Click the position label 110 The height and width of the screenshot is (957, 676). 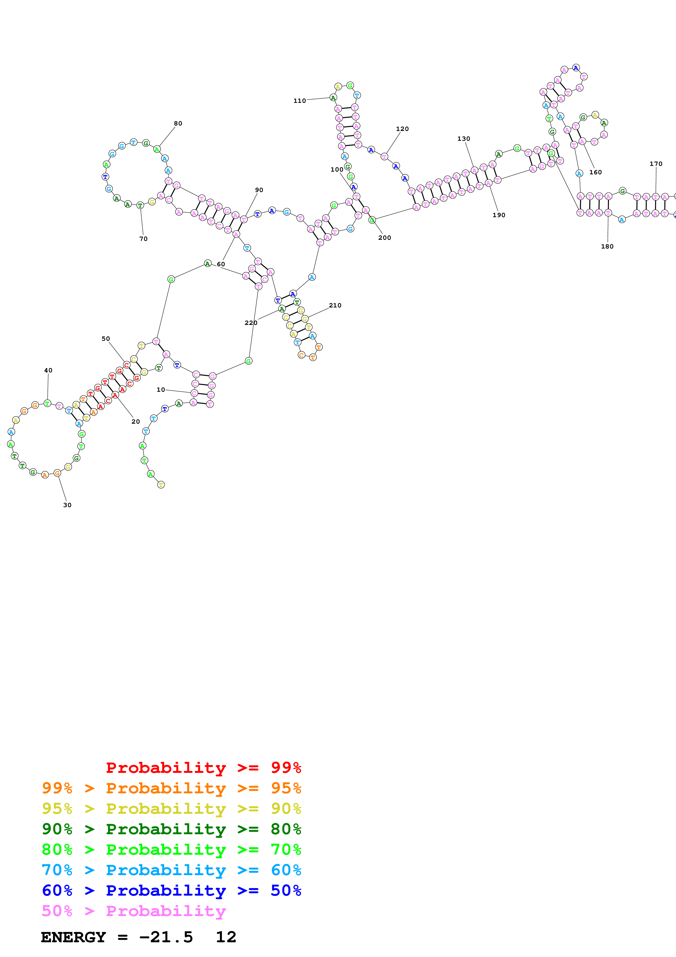coord(299,101)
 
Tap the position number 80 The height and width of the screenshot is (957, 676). coord(178,123)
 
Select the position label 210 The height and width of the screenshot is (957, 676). coord(335,306)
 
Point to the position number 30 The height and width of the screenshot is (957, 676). coord(67,505)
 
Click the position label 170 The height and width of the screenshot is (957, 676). coord(656,164)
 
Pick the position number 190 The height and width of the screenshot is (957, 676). coord(498,215)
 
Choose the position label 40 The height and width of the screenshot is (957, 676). coord(48,370)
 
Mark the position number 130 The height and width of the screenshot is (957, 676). coord(464,139)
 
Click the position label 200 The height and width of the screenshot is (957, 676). coord(384,238)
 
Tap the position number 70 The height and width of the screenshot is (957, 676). coord(143,239)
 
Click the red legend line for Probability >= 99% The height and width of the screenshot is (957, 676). coord(203,768)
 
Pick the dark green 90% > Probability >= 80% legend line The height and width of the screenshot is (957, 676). coord(171,829)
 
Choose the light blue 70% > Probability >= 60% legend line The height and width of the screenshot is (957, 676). coord(171,870)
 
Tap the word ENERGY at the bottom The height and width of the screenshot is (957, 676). coord(73,937)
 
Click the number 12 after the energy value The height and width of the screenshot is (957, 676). coord(226,937)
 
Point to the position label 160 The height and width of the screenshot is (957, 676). coord(595,172)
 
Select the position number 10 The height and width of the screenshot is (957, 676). coord(161,390)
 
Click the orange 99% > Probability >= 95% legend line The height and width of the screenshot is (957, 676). coord(171,788)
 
